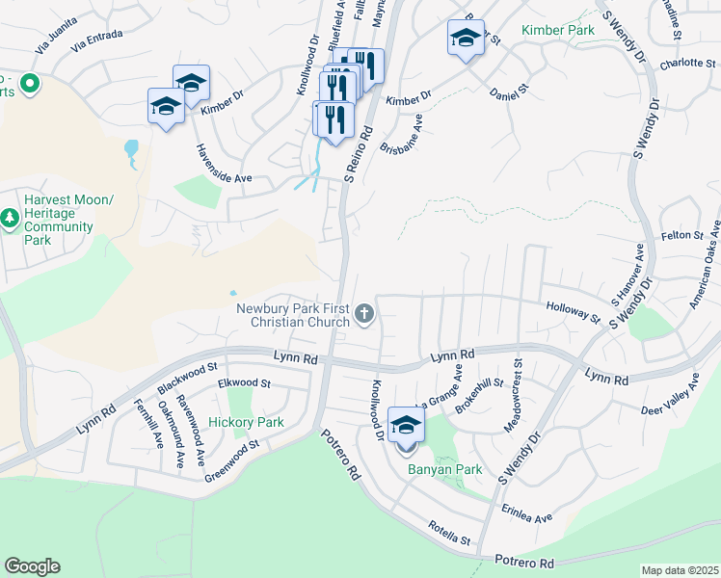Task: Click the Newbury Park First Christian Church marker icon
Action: [x=364, y=312]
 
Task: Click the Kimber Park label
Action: [x=557, y=31]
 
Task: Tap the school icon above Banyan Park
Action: [x=406, y=426]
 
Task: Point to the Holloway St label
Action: [x=574, y=311]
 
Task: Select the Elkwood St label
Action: [x=245, y=383]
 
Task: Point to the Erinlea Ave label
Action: [x=526, y=512]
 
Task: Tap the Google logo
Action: [x=32, y=565]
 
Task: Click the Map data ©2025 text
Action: [x=679, y=570]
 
